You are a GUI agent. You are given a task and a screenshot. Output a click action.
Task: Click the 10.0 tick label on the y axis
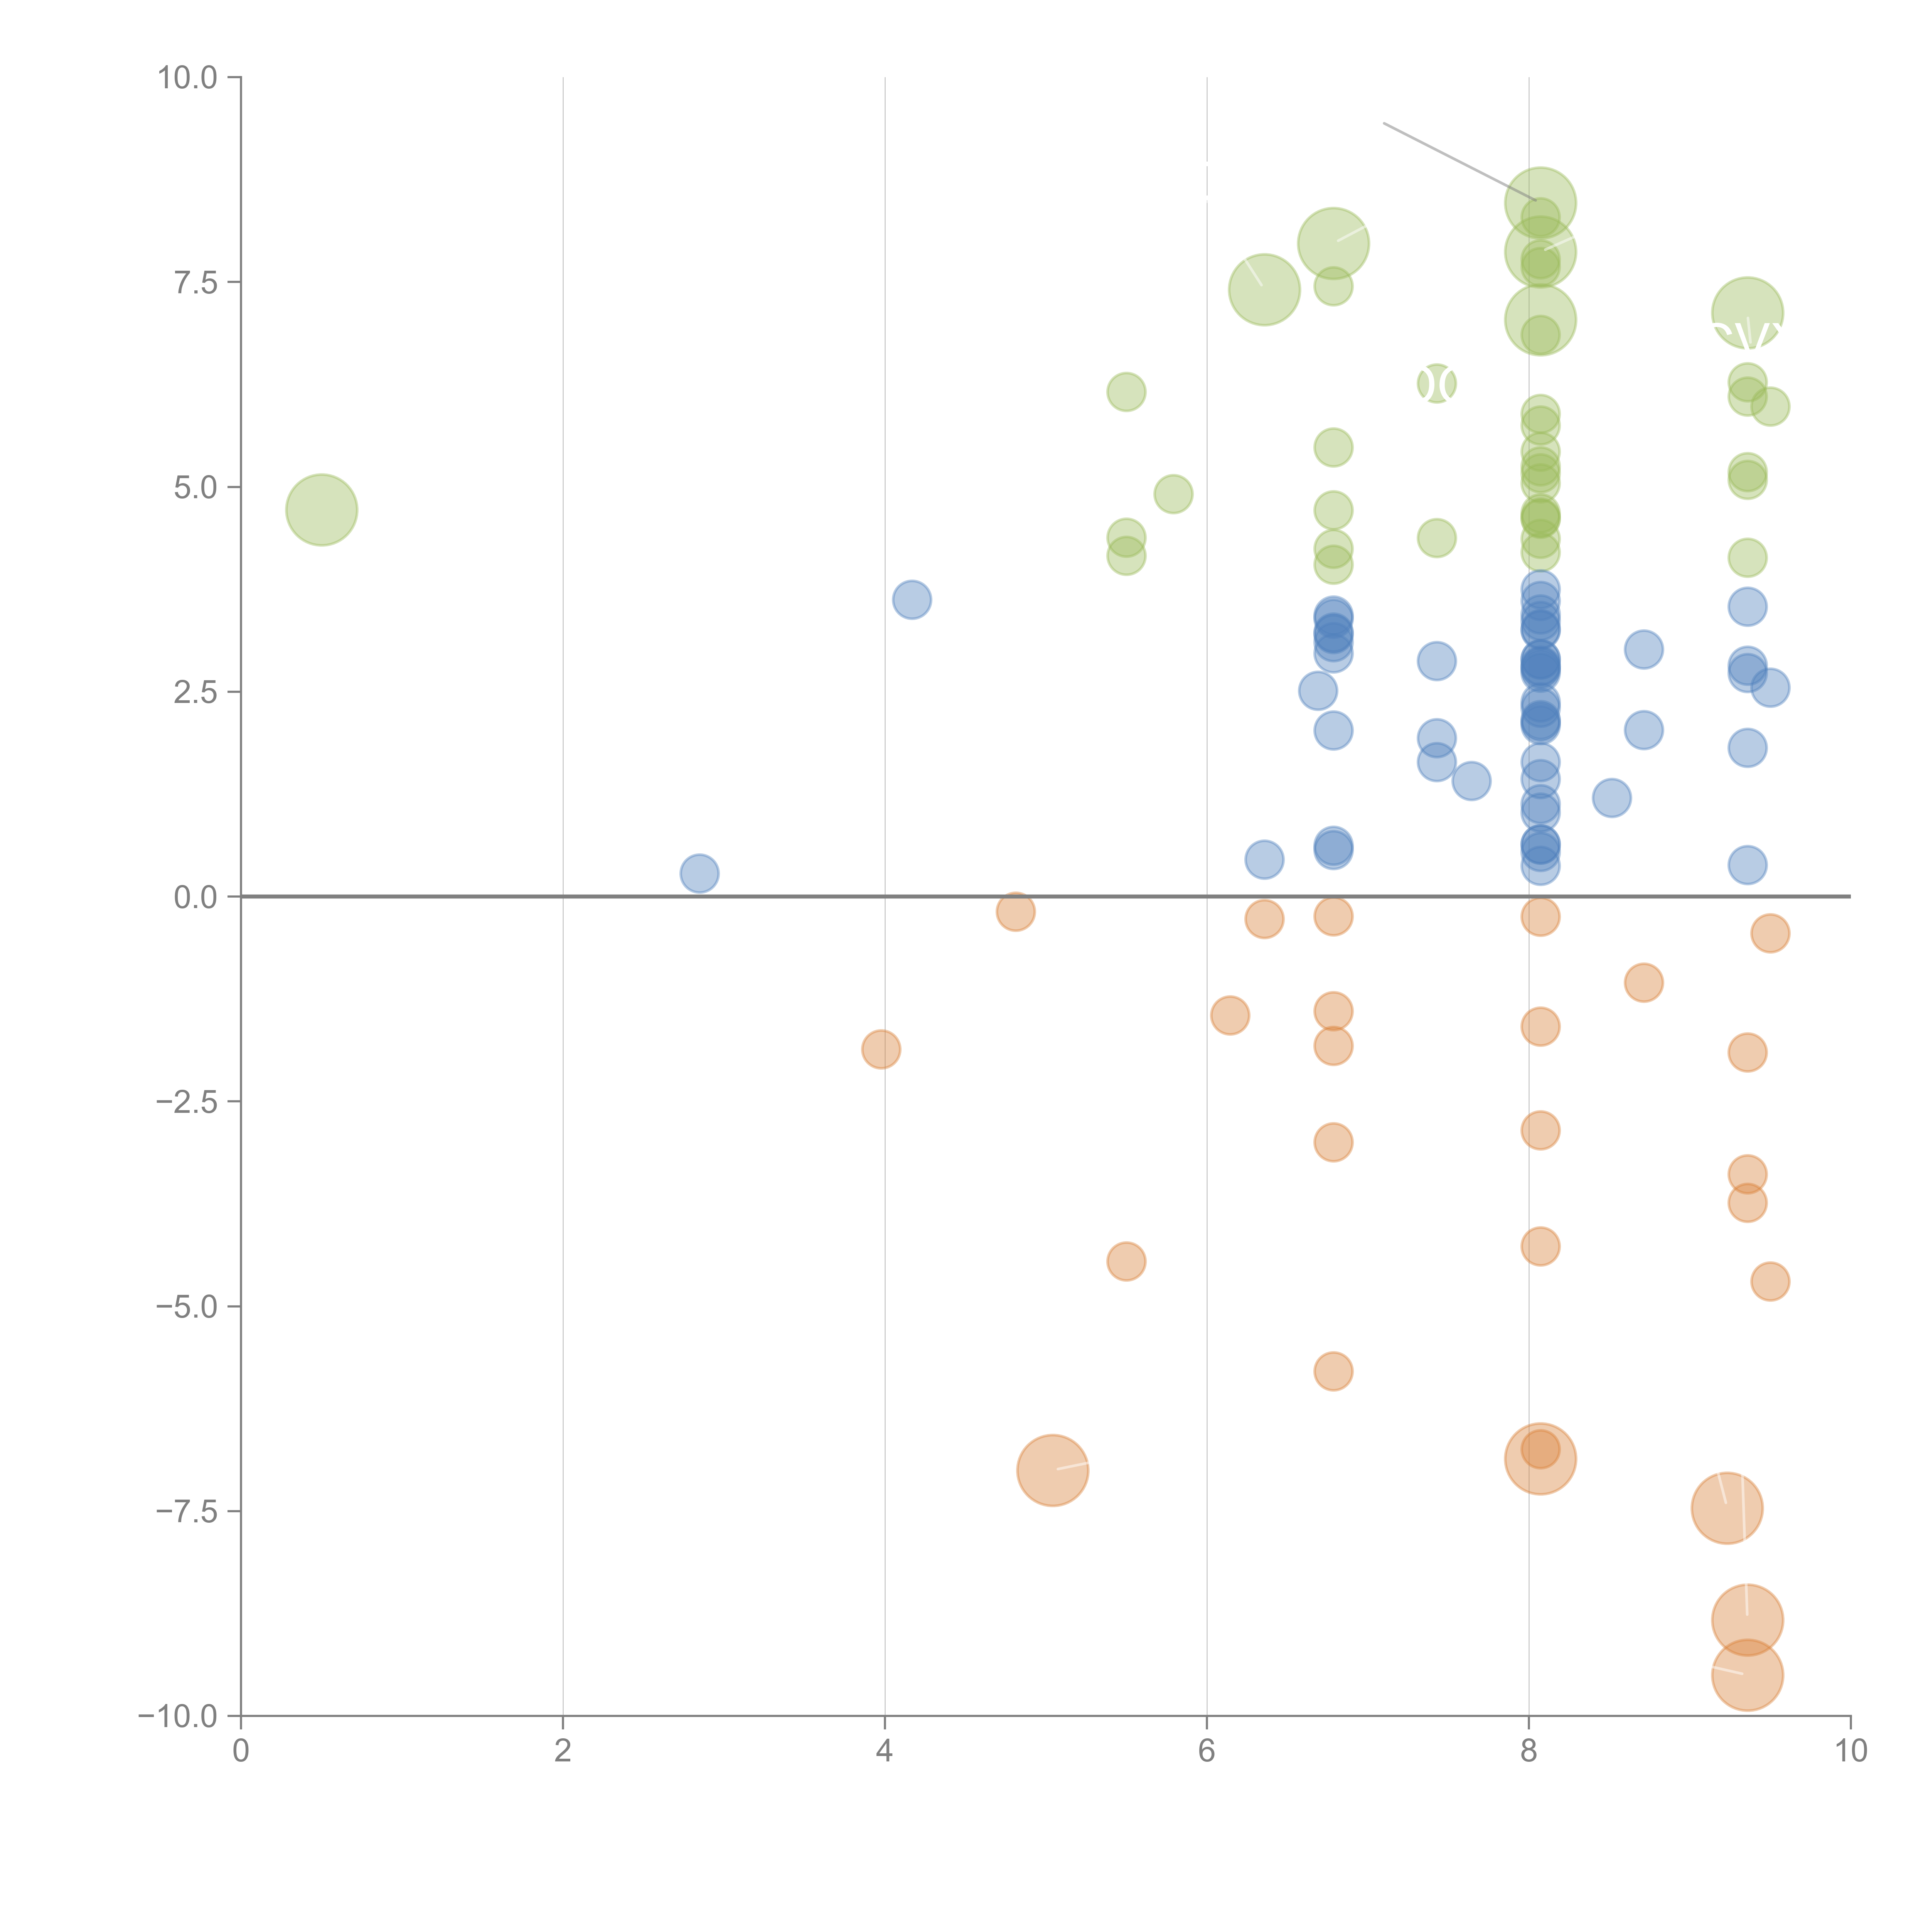188,78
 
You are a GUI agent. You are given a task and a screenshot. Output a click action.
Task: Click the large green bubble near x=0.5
321,510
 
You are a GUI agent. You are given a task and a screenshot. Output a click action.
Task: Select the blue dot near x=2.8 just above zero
699,873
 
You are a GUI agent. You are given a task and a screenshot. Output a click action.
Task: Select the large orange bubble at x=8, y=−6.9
1540,1459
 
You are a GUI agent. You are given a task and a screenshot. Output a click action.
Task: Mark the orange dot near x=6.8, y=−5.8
1333,1371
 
